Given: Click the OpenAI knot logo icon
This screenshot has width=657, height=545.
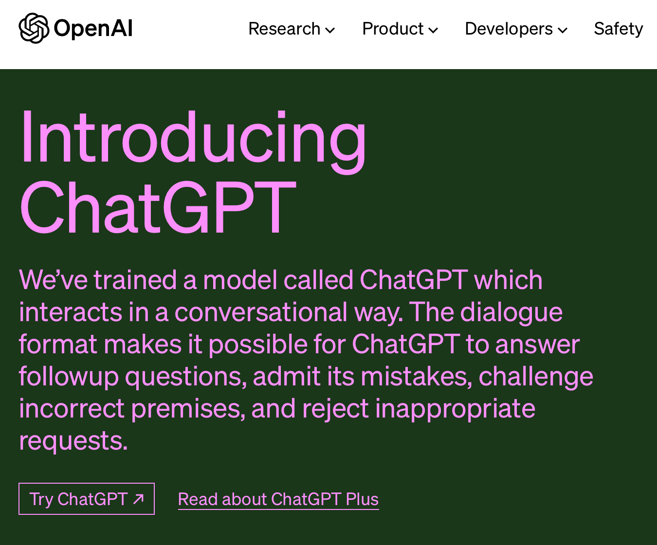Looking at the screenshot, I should [x=34, y=28].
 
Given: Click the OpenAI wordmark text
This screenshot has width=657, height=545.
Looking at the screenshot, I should [x=93, y=29].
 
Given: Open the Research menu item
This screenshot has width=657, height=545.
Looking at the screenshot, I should [x=284, y=29].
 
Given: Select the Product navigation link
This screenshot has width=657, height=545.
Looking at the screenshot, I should [x=393, y=29].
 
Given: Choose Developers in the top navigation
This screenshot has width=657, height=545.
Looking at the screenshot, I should [x=509, y=29].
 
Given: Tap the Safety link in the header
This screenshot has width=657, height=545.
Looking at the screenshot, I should [x=618, y=29].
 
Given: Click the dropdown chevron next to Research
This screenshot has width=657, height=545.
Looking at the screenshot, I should [x=330, y=31].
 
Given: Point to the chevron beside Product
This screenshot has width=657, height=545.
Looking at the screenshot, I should [x=433, y=31].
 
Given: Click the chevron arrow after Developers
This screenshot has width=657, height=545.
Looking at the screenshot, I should [x=563, y=31].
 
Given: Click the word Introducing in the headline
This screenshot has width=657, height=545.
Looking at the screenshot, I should [x=193, y=139].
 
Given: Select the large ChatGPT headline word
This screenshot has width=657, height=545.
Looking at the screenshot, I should [x=158, y=208].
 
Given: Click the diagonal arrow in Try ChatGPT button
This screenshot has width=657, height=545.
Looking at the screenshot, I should [x=139, y=499].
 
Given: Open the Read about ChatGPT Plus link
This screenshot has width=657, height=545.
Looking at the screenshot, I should [x=278, y=499].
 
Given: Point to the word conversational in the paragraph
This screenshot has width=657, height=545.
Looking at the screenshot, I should [x=261, y=312].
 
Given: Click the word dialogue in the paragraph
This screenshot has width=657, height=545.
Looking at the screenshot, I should [x=511, y=312].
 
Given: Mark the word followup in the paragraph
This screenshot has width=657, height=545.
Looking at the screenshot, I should [x=69, y=377].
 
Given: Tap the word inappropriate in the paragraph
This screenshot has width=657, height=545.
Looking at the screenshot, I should [x=455, y=409].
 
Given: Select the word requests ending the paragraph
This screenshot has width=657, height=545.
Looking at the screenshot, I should [x=73, y=441].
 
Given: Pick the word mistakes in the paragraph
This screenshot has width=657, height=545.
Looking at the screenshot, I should [x=416, y=377].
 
